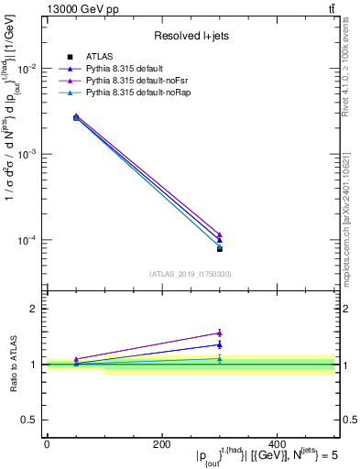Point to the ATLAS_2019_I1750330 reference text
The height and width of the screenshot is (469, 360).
pyautogui.click(x=191, y=274)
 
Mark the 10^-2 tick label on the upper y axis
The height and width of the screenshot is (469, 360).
pyautogui.click(x=26, y=70)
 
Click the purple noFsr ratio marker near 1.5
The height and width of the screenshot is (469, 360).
pyautogui.click(x=220, y=333)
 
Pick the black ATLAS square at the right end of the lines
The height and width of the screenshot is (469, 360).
pyautogui.click(x=220, y=248)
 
